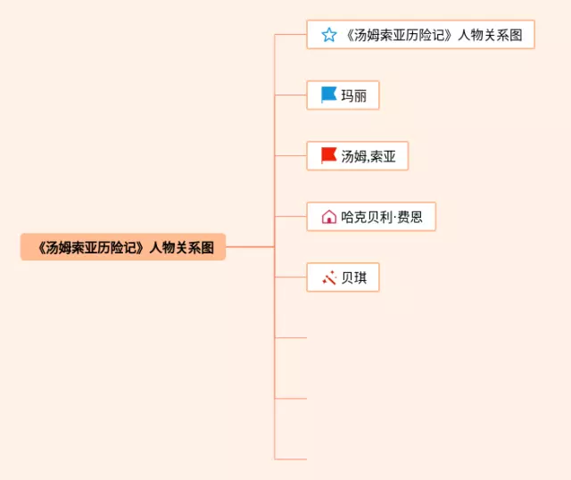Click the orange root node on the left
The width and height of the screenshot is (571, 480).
pyautogui.click(x=123, y=247)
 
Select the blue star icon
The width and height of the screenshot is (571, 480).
pyautogui.click(x=329, y=35)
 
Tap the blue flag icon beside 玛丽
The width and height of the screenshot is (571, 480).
pyautogui.click(x=328, y=95)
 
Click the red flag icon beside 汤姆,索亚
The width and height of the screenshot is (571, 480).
pyautogui.click(x=328, y=156)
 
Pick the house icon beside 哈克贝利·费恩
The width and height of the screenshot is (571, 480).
pyautogui.click(x=328, y=217)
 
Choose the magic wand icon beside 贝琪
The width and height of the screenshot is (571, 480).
pyautogui.click(x=328, y=277)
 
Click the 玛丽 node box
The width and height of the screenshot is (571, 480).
pyautogui.click(x=343, y=95)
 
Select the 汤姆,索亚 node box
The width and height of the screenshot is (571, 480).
pyautogui.click(x=357, y=156)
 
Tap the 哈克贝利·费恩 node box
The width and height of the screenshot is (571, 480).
pyautogui.click(x=371, y=217)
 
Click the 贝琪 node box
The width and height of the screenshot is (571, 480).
pyautogui.click(x=343, y=277)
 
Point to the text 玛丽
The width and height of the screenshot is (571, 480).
pyautogui.click(x=354, y=95)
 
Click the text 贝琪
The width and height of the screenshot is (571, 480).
pyautogui.click(x=354, y=277)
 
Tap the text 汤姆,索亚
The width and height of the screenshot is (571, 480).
pyautogui.click(x=368, y=156)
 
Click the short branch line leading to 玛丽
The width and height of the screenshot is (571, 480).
pyautogui.click(x=291, y=95)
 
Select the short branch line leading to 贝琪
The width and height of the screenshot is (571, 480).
pyautogui.click(x=291, y=277)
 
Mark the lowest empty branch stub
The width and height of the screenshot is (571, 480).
pyautogui.click(x=291, y=459)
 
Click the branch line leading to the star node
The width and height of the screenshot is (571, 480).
pyautogui.click(x=291, y=35)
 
